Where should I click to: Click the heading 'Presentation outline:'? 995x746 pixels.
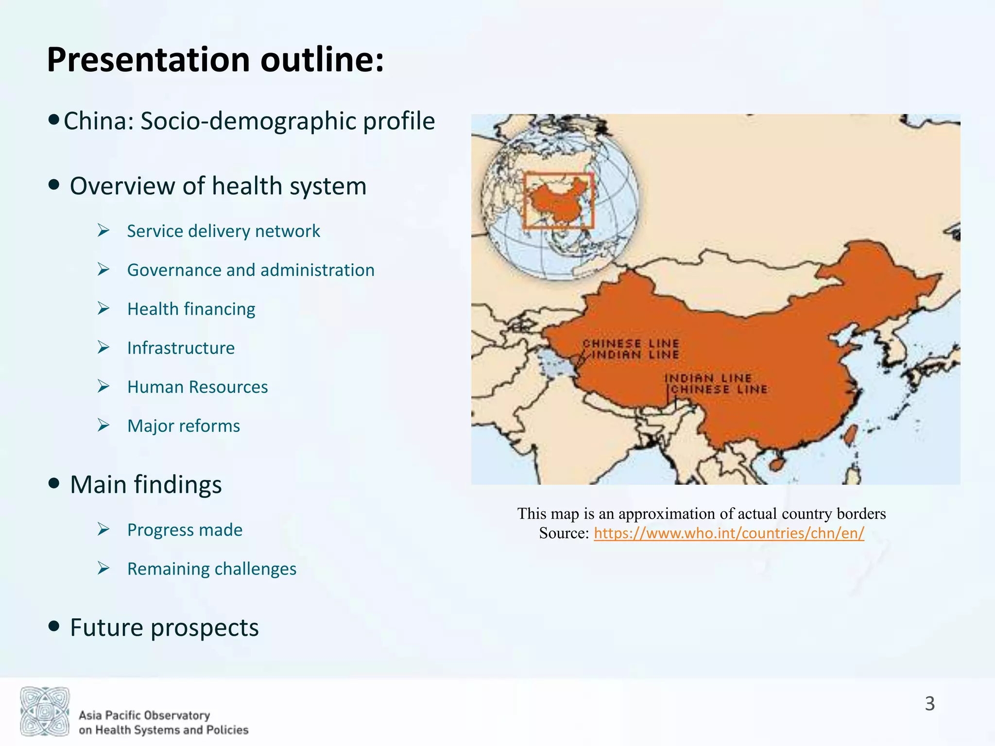coord(215,60)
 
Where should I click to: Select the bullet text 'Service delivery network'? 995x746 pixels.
coord(223,231)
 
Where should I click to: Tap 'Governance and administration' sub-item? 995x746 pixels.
coord(251,270)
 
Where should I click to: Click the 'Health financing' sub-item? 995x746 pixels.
coord(191,309)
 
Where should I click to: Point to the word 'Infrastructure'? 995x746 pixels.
coord(181,348)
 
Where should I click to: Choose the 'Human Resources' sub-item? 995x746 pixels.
coord(197,387)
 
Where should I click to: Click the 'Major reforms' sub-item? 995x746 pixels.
coord(184,426)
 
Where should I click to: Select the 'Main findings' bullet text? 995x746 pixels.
coord(146,485)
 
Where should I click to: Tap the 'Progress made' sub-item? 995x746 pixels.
coord(185,530)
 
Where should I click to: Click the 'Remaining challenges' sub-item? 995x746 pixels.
coord(212,569)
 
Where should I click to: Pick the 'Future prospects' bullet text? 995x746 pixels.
coord(164,627)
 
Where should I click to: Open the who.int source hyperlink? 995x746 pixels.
coord(729,533)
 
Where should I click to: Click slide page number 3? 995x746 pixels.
coord(929,703)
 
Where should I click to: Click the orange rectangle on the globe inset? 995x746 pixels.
coord(559,201)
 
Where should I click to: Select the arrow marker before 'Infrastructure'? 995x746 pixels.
coord(103,347)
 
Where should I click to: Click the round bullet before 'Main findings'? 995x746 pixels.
coord(54,483)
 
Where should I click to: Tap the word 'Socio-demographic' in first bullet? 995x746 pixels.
coord(249,121)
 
